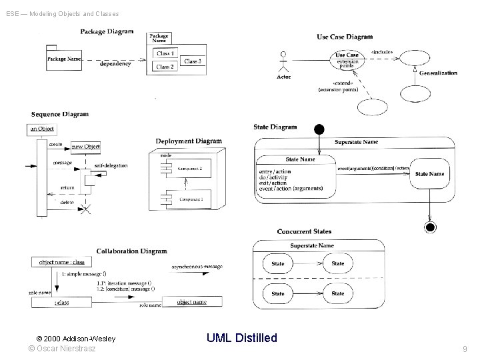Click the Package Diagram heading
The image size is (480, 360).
coord(107,31)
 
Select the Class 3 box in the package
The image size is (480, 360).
coord(192,61)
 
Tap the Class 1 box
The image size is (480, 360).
coord(165,53)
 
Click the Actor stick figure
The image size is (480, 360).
coord(284,61)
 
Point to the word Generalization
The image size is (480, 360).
coord(438,73)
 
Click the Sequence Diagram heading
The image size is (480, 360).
coord(59,114)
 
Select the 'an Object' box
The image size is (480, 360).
coord(42,129)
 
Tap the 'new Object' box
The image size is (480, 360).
coord(85,146)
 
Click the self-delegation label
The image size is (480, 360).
coord(111,165)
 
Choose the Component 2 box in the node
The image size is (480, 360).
coord(189,169)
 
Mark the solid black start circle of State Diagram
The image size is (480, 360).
coord(319,129)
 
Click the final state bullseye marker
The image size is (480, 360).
coord(431,227)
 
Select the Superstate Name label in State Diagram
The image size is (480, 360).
coord(356,142)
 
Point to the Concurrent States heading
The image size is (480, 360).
coord(304,231)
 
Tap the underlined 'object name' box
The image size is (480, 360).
coord(191,302)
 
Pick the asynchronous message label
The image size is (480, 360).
coord(197,267)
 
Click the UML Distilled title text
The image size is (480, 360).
coord(241,338)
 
